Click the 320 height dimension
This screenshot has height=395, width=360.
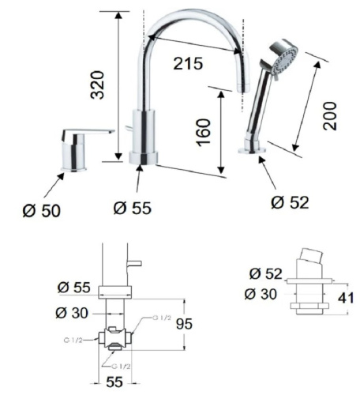click(97, 83)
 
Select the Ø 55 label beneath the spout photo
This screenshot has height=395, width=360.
click(132, 208)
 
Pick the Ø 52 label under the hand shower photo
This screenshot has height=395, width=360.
click(290, 202)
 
